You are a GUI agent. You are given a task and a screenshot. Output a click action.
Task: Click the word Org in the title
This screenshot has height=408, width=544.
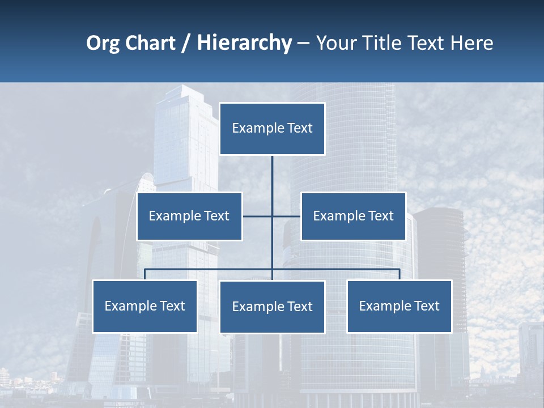[x=103, y=43]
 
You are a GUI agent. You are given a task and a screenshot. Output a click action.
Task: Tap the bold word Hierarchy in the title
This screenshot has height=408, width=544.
[x=244, y=43]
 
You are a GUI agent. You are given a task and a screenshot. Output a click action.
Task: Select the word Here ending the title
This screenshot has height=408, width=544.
[x=471, y=43]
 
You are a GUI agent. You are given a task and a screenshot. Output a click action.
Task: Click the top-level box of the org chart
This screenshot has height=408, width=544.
[x=272, y=129]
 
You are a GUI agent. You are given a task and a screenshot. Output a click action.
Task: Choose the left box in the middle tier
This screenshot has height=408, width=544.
[x=189, y=216]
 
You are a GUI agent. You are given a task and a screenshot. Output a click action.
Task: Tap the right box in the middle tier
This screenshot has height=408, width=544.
[x=353, y=216]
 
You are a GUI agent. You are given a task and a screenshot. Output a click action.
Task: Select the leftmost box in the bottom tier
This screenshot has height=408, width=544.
[x=144, y=307]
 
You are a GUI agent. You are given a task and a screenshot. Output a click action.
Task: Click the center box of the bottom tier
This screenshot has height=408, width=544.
[x=272, y=307]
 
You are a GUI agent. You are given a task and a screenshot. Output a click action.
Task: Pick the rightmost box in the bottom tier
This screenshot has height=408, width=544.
[x=399, y=307]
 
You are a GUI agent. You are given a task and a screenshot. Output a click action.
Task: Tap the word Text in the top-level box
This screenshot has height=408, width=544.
[x=300, y=129]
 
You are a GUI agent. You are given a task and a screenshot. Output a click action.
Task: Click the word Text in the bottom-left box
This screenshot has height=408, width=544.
[x=172, y=307]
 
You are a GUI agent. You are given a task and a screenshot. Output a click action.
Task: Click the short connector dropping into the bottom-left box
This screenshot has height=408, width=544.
[x=144, y=274]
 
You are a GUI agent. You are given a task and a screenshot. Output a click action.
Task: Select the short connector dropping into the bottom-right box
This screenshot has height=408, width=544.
[x=399, y=274]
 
